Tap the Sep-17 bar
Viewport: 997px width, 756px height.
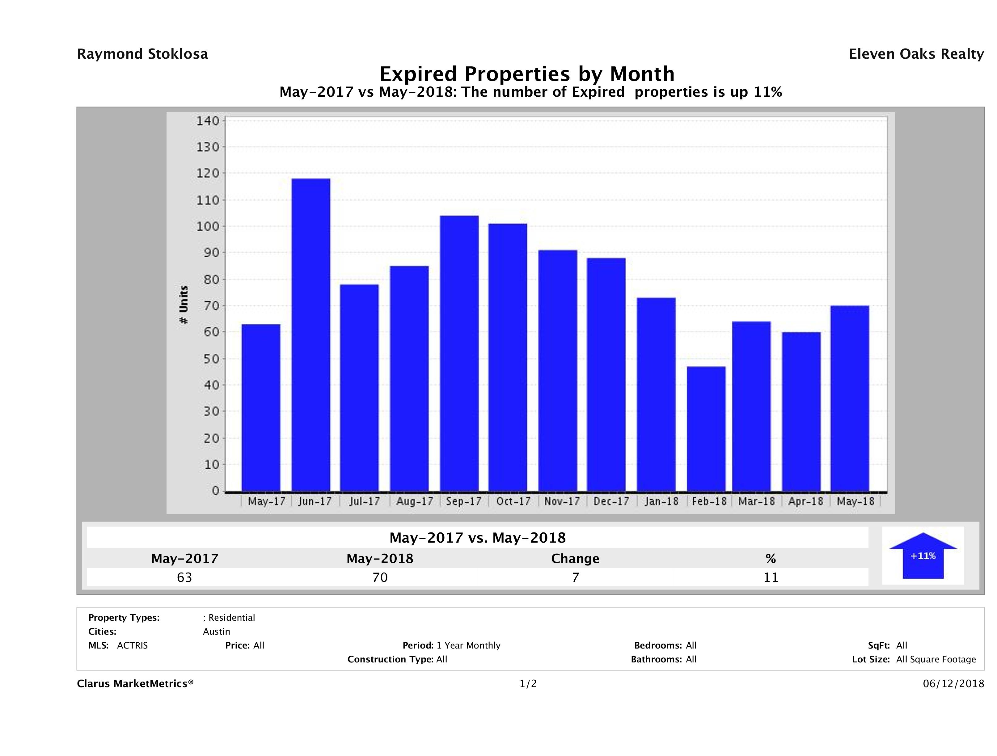459,353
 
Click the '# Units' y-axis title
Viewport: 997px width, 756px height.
184,305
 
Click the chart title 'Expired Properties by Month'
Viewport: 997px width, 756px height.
527,73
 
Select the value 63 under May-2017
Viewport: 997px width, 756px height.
184,577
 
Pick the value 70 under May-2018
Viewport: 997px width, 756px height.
380,577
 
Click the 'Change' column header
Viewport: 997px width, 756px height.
575,559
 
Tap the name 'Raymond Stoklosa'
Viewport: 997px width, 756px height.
142,54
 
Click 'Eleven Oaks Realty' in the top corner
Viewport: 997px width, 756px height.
916,54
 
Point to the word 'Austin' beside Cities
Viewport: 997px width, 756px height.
216,632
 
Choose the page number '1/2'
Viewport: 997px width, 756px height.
528,684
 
